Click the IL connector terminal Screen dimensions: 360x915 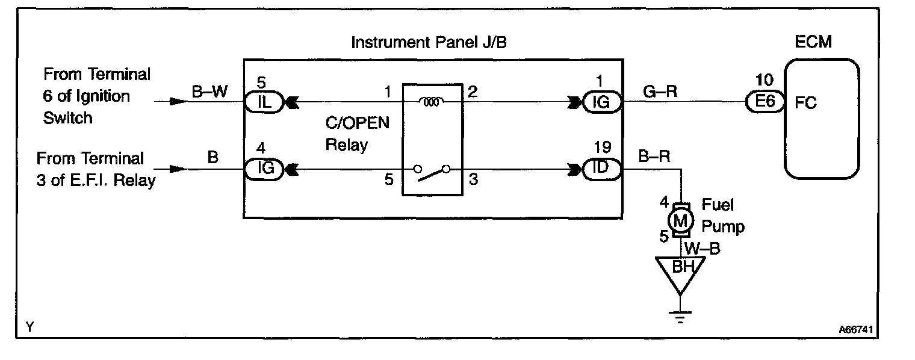(x=259, y=103)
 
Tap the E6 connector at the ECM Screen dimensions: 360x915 (x=765, y=103)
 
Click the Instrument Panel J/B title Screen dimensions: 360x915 (x=433, y=43)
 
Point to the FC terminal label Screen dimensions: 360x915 (x=805, y=103)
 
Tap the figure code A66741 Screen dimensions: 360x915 (x=856, y=330)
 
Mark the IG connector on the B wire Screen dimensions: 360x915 (x=259, y=169)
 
